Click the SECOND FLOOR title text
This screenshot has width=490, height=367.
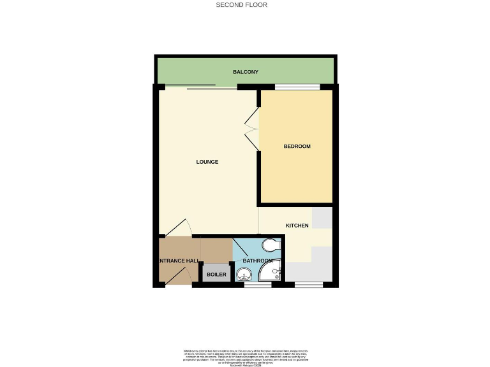point(241,5)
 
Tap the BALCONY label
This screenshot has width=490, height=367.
point(246,73)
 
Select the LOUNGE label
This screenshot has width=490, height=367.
point(207,162)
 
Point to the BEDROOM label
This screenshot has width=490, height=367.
point(297,147)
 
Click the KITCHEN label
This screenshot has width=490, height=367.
point(297,226)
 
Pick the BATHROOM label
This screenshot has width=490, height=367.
point(259,261)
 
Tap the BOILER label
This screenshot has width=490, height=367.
point(216,275)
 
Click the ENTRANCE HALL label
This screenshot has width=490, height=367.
point(178,261)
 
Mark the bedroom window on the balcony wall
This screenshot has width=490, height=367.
point(297,87)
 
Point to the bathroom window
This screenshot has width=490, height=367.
point(257,285)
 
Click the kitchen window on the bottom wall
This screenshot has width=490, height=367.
point(308,285)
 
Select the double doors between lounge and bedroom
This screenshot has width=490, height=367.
point(251,129)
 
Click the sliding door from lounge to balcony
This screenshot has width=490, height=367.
point(201,87)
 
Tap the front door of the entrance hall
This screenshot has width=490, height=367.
point(181,277)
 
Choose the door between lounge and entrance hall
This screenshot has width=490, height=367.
point(177,229)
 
